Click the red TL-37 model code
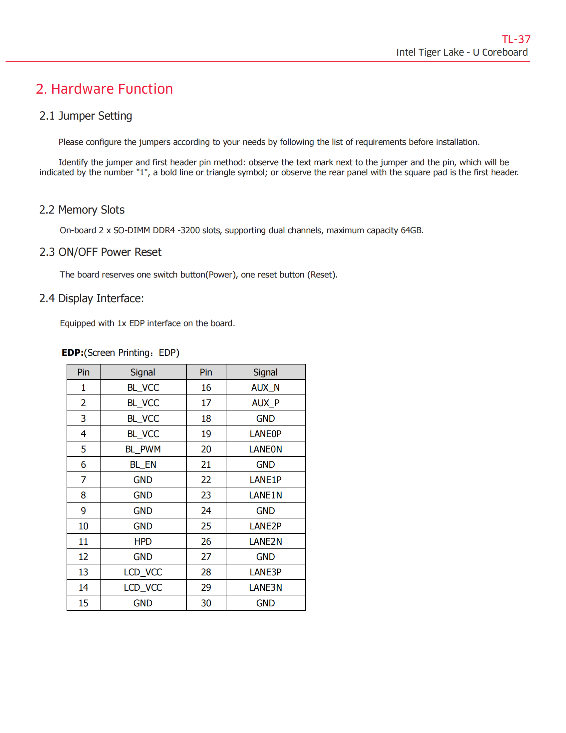click(x=516, y=39)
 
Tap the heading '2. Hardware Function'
click(x=104, y=89)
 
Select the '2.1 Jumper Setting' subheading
click(x=86, y=116)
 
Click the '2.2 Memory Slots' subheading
click(x=82, y=210)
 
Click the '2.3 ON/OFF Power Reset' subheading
click(x=100, y=252)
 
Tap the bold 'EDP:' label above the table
click(x=73, y=353)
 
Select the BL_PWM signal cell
click(x=143, y=449)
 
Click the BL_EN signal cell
click(x=143, y=464)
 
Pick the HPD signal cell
click(x=143, y=541)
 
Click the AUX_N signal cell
click(x=265, y=387)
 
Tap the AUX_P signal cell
click(x=265, y=403)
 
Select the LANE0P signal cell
click(x=265, y=433)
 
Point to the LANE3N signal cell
click(x=265, y=587)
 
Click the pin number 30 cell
click(x=206, y=603)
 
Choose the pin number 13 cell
click(x=83, y=572)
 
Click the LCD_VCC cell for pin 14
click(x=143, y=587)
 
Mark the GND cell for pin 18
click(x=265, y=418)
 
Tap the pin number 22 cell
click(x=206, y=480)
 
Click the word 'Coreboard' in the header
click(x=505, y=52)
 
